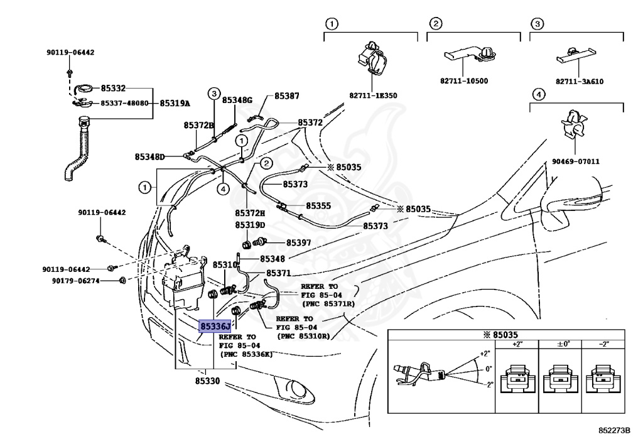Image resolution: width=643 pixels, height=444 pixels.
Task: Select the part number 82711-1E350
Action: click(373, 95)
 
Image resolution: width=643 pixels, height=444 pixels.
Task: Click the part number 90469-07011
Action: click(576, 161)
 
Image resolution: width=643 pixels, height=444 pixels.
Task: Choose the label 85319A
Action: click(175, 103)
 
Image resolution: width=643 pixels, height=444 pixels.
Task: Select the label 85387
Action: click(286, 97)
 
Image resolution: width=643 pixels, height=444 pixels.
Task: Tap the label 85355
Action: click(318, 205)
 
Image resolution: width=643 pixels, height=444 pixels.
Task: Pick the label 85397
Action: click(299, 242)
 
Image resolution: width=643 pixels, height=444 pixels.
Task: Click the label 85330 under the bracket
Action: click(207, 381)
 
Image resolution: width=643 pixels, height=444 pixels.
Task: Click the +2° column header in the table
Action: click(517, 344)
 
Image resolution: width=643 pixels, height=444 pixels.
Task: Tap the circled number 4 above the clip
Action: click(538, 95)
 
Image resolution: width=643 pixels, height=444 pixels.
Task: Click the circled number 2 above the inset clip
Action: click(434, 24)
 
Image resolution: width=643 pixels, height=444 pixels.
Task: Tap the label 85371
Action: click(278, 273)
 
